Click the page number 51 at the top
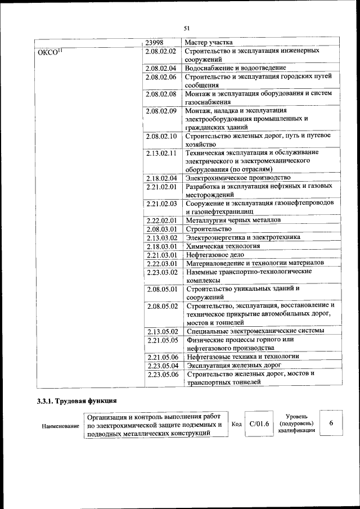(x=187, y=29)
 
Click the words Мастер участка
(x=209, y=42)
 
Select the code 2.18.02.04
(x=161, y=178)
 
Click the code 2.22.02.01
(x=161, y=220)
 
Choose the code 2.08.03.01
(x=161, y=229)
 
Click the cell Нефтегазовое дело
(x=215, y=255)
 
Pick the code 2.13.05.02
(x=161, y=331)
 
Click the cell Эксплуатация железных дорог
(x=233, y=365)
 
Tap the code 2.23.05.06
(x=161, y=373)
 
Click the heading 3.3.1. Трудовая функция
(x=73, y=401)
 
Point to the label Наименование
(x=60, y=426)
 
